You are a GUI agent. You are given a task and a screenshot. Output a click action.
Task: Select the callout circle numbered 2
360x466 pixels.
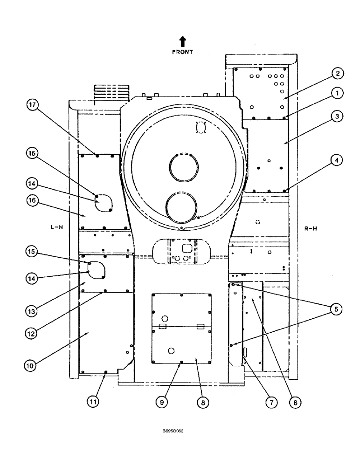337,73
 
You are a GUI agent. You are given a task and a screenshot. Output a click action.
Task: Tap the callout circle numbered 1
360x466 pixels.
337,93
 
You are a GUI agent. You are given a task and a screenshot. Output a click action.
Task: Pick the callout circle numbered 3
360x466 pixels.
337,116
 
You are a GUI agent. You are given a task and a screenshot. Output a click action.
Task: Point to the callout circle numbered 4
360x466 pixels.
337,160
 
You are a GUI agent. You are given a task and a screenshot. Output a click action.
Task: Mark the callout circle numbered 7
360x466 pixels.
269,401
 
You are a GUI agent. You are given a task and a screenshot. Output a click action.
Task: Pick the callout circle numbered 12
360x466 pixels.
31,333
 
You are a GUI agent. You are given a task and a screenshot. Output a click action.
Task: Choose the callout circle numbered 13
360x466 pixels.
31,310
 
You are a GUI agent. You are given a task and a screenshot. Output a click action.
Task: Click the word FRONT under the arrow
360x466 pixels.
182,52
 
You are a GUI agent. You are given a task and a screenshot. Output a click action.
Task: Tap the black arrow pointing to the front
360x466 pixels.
182,41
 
